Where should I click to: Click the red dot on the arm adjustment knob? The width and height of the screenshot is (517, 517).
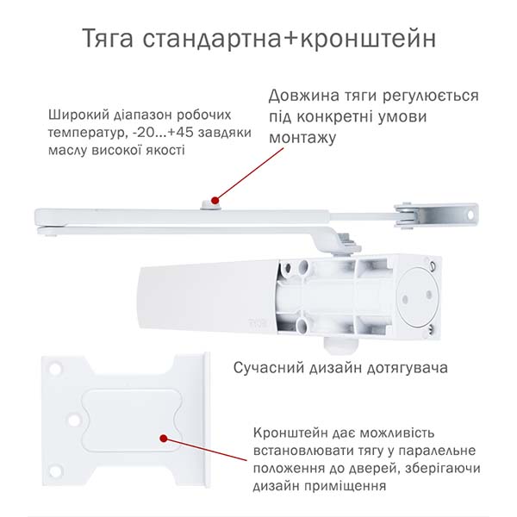coord(215,200)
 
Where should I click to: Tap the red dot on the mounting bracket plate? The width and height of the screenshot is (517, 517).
coord(163,439)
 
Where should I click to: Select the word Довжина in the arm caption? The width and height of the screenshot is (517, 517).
coord(299,96)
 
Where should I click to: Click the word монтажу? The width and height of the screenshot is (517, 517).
coord(302,138)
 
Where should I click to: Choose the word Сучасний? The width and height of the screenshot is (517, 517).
coord(268,368)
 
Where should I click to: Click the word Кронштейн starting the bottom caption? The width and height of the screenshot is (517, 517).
coord(290,433)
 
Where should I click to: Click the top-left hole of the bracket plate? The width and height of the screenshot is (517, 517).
coord(55,368)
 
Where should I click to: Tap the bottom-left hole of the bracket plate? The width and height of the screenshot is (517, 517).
coord(55,471)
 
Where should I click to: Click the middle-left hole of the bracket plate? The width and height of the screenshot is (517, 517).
coord(74,420)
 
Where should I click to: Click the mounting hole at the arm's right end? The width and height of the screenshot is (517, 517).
coord(470,215)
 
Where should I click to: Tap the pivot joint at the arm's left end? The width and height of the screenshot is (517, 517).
coord(50,230)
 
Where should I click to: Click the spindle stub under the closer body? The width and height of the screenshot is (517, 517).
coord(341,346)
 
